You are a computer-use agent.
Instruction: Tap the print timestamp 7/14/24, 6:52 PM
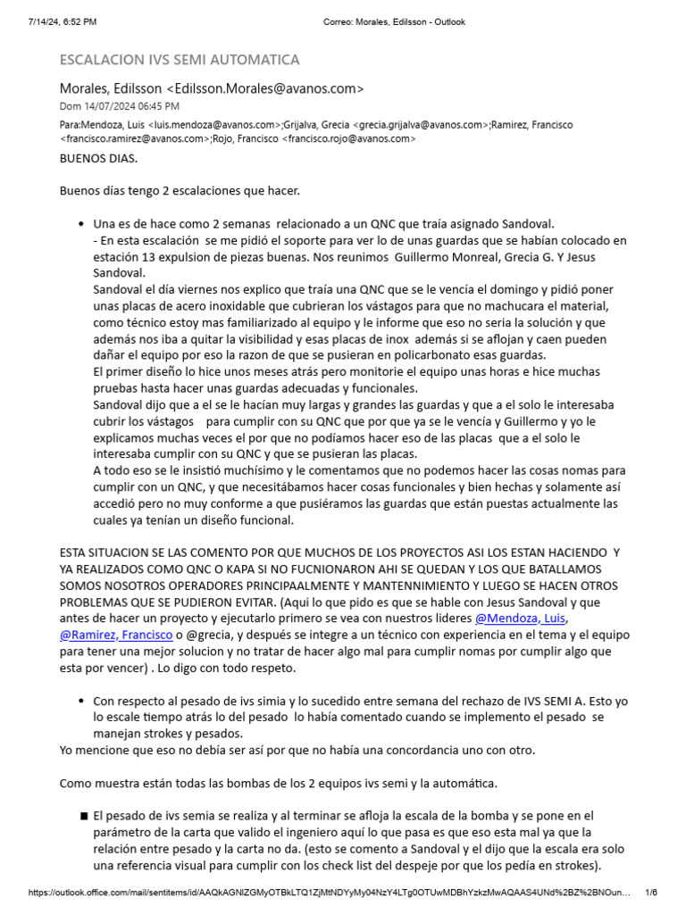(62, 21)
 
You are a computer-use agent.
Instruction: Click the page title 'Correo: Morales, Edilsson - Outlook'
(393, 21)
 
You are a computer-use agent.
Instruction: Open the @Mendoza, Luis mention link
(520, 618)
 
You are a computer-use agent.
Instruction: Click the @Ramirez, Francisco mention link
(113, 635)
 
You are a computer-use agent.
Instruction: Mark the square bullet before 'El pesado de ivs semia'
(83, 816)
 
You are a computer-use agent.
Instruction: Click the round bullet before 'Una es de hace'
(83, 223)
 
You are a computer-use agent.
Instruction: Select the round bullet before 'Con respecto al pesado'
(83, 702)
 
